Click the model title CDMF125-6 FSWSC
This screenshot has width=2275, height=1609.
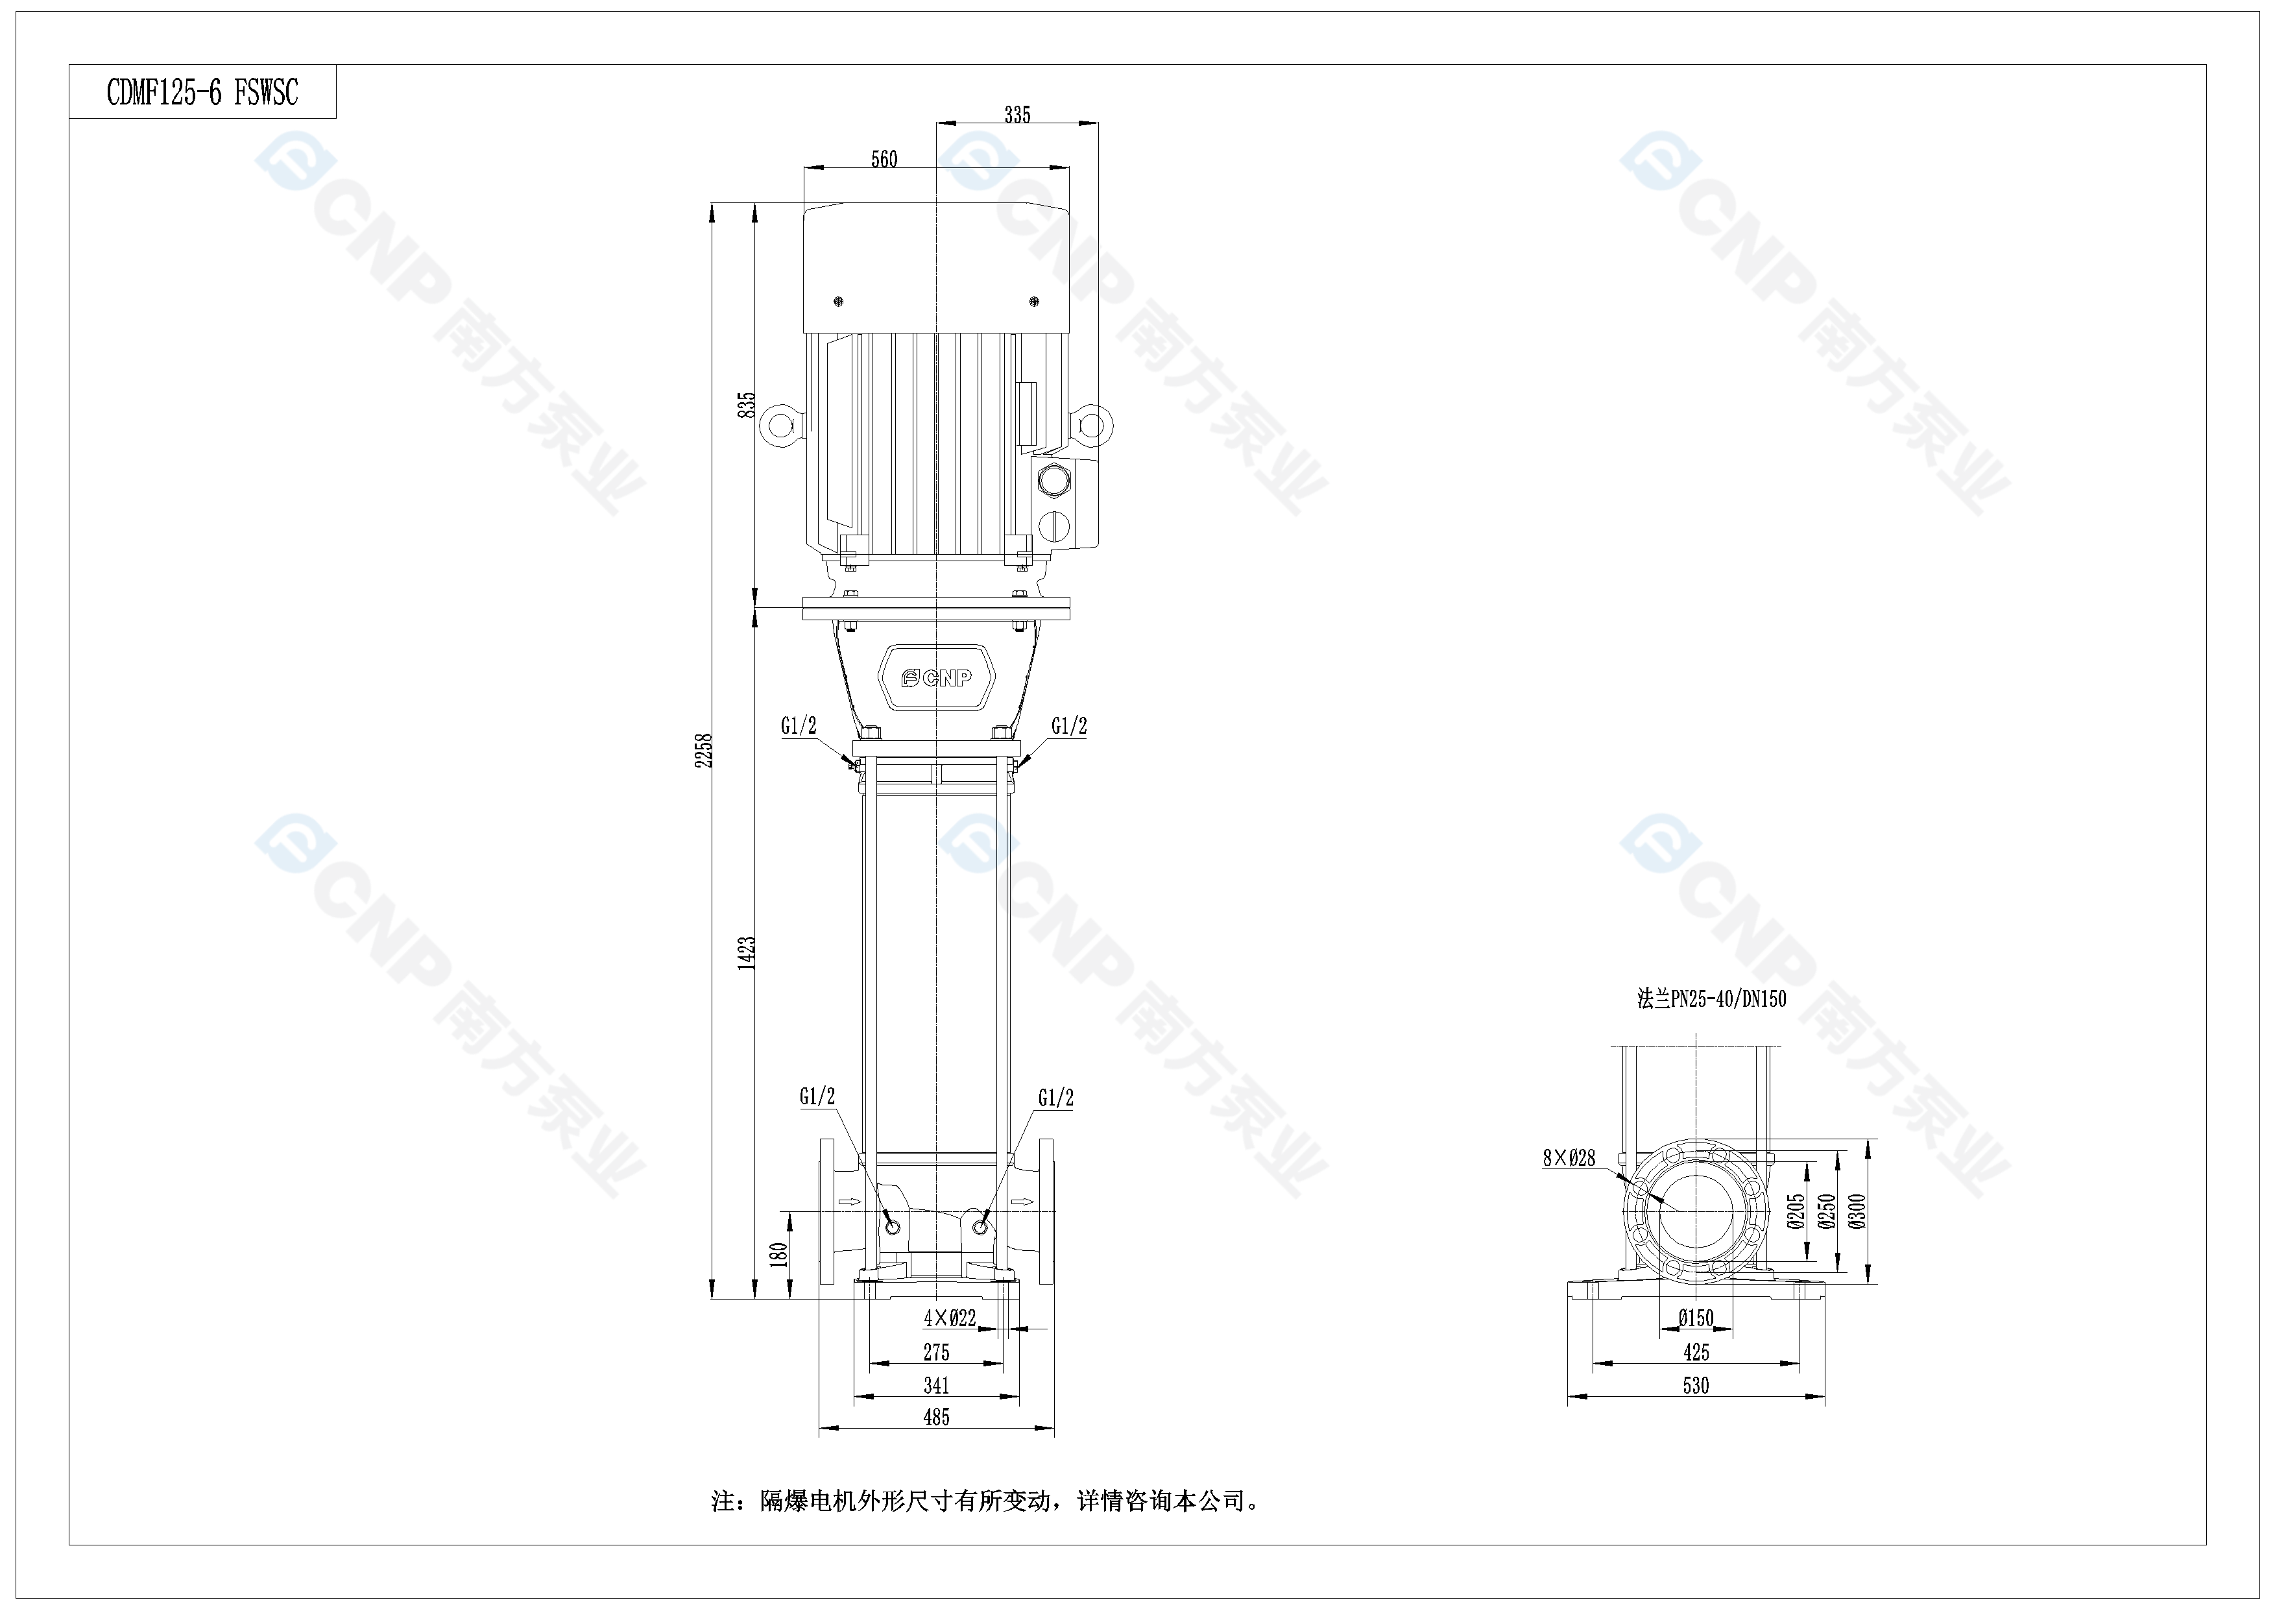click(x=202, y=92)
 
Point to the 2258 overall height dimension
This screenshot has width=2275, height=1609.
click(x=703, y=750)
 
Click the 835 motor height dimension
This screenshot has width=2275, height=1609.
click(x=746, y=404)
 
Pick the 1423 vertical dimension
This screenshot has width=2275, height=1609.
click(x=746, y=952)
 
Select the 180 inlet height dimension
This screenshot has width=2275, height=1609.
click(x=779, y=1254)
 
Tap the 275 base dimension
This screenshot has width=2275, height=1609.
click(x=936, y=1351)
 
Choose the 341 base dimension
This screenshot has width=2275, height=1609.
click(x=936, y=1385)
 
